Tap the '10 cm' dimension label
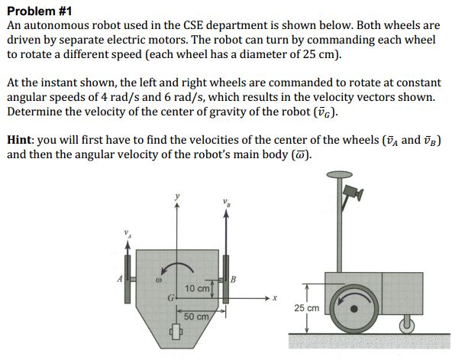click(198, 288)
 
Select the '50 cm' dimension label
click(197, 316)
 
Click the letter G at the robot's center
click(172, 296)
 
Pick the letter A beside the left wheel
click(118, 279)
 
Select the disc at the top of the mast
click(333, 177)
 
